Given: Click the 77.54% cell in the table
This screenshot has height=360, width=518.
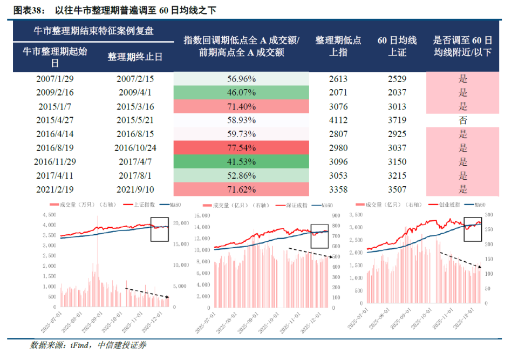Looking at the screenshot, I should click(x=241, y=147).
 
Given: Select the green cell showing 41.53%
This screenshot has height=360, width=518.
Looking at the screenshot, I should click(x=241, y=161).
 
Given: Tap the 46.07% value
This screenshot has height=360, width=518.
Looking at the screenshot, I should click(x=241, y=93).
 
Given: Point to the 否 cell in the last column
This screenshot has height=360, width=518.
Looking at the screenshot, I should click(x=462, y=120).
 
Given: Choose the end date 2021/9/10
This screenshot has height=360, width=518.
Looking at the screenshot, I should click(x=135, y=189).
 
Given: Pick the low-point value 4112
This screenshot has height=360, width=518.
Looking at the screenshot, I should click(x=338, y=120).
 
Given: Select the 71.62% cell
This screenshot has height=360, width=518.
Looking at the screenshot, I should click(x=241, y=189).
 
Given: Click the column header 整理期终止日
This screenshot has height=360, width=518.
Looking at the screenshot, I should click(x=135, y=57).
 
